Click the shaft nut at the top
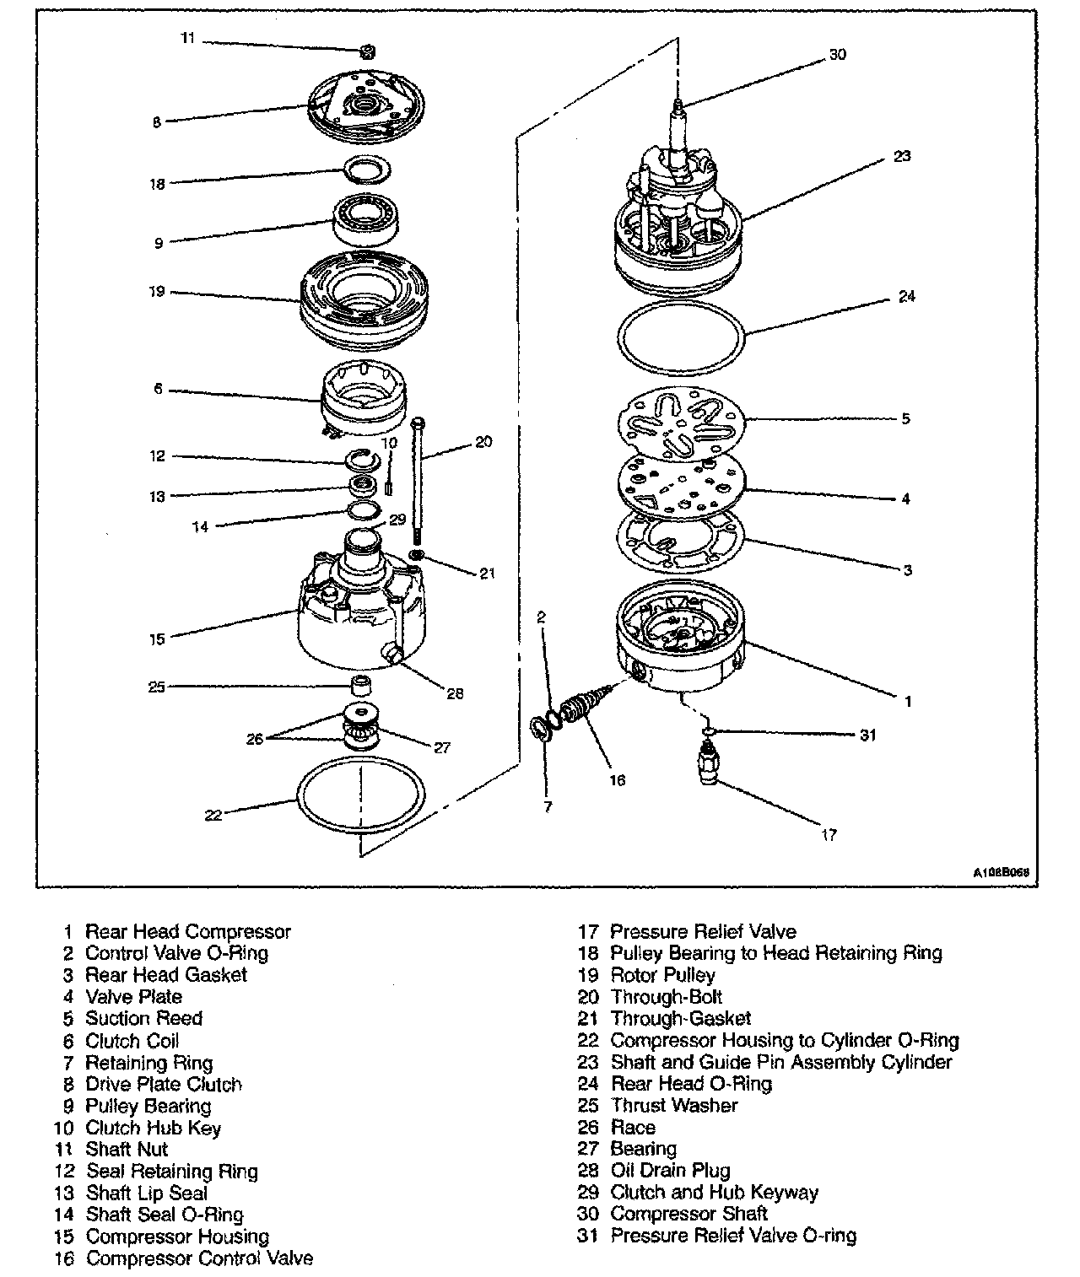[368, 52]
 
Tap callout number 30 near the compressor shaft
[837, 55]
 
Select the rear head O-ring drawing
[681, 338]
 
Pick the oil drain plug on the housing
[393, 652]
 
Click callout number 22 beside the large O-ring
[213, 816]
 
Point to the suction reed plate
[681, 423]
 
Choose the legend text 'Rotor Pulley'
[662, 975]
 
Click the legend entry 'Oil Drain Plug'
[670, 1170]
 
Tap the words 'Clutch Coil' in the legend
[132, 1040]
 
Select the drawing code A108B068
[1002, 872]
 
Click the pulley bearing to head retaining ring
[367, 170]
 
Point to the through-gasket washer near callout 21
[417, 554]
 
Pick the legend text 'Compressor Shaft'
[688, 1214]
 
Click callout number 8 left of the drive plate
[157, 122]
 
